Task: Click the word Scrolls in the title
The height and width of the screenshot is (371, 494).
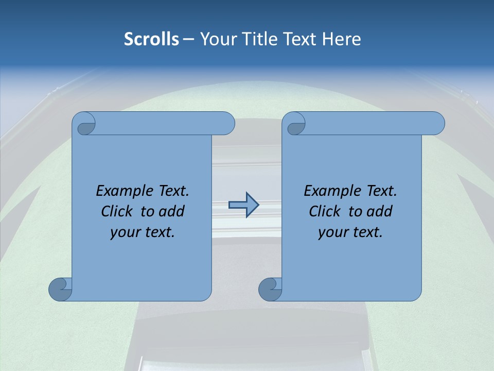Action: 151,39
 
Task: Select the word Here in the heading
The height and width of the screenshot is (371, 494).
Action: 341,39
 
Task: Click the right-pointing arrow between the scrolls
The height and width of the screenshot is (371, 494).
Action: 243,205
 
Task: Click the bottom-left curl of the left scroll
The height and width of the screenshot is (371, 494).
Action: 60,289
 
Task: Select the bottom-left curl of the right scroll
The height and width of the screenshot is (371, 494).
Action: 270,289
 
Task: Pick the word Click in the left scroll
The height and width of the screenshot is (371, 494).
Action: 116,211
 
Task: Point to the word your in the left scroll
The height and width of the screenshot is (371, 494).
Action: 123,232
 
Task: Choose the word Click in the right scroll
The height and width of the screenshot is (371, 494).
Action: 324,211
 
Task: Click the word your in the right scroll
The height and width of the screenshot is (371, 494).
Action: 331,232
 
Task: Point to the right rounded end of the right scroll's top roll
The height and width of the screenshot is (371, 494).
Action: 437,124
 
